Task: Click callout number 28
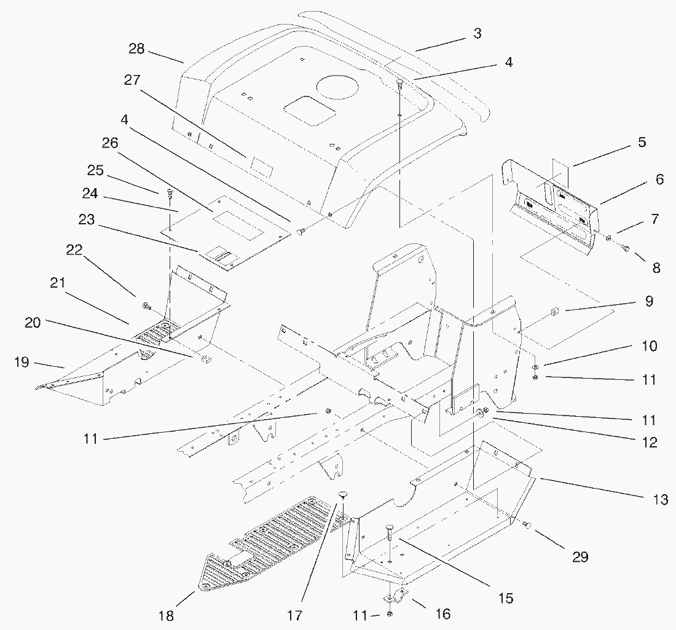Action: (x=136, y=49)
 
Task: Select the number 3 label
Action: (x=477, y=34)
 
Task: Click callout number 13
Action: (x=660, y=500)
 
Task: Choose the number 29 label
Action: (x=580, y=557)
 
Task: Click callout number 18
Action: (x=167, y=616)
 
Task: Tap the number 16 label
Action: (x=442, y=614)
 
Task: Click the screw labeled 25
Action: (x=170, y=194)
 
